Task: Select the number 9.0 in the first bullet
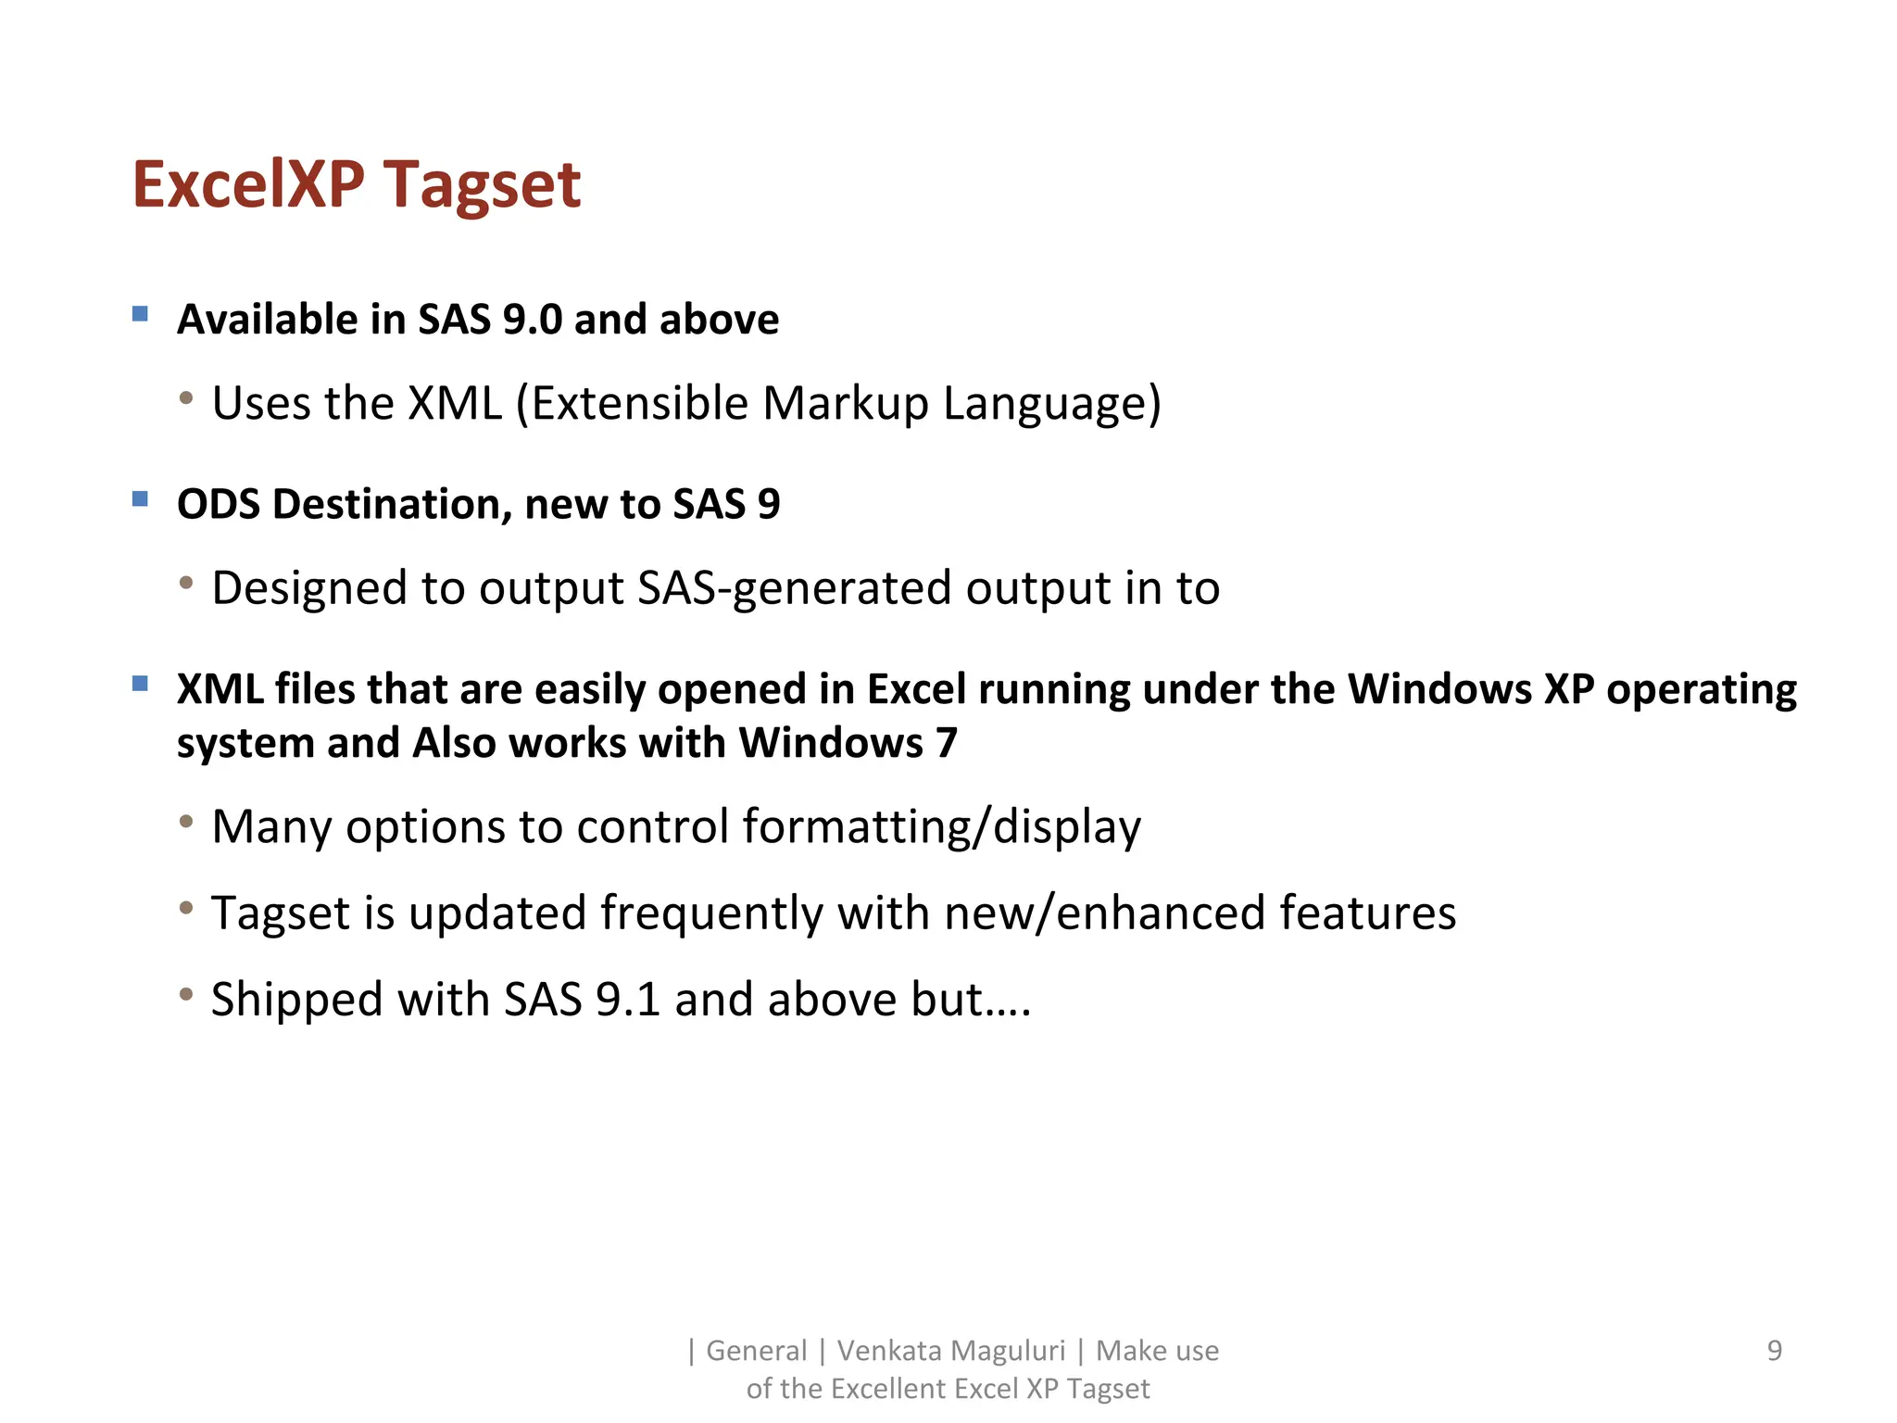(x=532, y=320)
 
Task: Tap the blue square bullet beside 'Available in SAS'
(x=141, y=314)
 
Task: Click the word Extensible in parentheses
(x=639, y=403)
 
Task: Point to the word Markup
(x=845, y=403)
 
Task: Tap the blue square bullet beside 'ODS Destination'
(x=141, y=499)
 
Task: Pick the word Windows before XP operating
(x=1439, y=689)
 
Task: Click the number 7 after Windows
(x=946, y=743)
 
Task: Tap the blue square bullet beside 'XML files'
(x=141, y=685)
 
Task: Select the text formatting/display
(x=941, y=826)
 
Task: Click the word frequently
(x=711, y=913)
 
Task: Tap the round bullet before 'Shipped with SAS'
(x=187, y=995)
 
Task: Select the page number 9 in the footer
(x=1774, y=1351)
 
